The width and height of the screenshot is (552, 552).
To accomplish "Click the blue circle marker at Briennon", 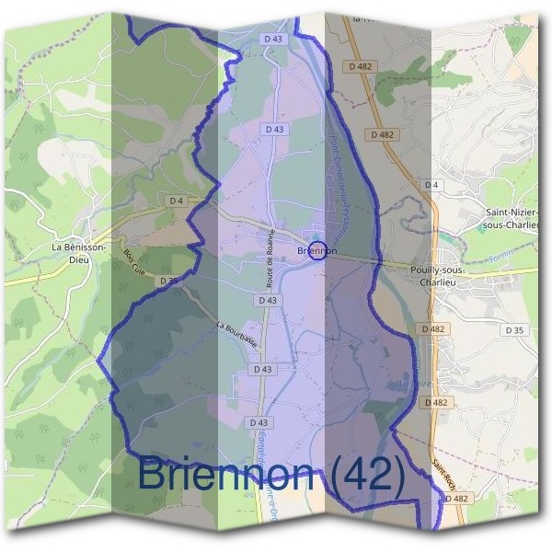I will pyautogui.click(x=316, y=249).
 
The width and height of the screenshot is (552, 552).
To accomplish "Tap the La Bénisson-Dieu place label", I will pyautogui.click(x=79, y=253).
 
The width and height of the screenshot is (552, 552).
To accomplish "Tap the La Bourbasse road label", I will pyautogui.click(x=237, y=333).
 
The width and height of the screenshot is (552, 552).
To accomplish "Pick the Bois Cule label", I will pyautogui.click(x=134, y=268).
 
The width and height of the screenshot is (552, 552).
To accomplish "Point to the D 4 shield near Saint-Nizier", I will pyautogui.click(x=431, y=185).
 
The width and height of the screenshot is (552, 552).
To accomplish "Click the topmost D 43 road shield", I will pyautogui.click(x=273, y=40).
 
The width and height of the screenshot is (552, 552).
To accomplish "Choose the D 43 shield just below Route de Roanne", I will pyautogui.click(x=268, y=300).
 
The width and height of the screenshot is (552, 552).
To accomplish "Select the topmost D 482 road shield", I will pyautogui.click(x=360, y=66).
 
